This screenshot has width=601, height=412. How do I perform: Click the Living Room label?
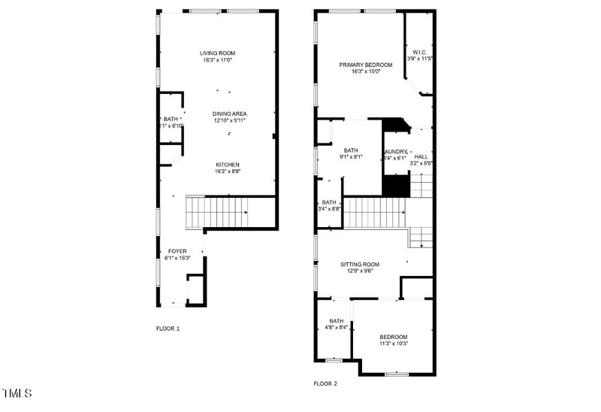[x=218, y=53]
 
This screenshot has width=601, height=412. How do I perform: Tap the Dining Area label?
[x=229, y=114]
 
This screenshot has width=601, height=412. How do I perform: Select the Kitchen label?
[x=228, y=165]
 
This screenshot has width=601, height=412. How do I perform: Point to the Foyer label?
[x=177, y=251]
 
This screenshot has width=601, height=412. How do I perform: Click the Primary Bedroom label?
[x=365, y=65]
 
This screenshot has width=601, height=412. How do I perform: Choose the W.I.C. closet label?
[x=419, y=52]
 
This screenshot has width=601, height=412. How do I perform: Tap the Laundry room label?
[x=396, y=151]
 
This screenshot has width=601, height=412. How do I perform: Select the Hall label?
[x=421, y=156]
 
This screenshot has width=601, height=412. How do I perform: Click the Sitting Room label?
[x=360, y=265]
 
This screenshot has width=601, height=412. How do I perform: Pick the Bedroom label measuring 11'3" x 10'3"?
[x=393, y=337]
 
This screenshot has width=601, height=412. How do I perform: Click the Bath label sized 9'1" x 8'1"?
[x=351, y=150]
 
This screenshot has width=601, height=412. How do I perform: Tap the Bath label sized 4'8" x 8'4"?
[x=335, y=321]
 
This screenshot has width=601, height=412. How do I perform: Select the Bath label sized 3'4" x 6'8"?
[x=329, y=202]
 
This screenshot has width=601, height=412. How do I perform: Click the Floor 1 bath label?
[x=172, y=120]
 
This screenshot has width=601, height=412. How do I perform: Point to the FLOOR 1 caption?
[x=168, y=329]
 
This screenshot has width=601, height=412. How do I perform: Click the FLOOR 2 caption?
[x=325, y=383]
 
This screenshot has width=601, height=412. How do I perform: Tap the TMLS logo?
[x=17, y=393]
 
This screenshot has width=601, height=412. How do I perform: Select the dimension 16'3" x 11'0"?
[x=218, y=60]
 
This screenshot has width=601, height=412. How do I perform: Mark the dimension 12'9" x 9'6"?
[x=360, y=271]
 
